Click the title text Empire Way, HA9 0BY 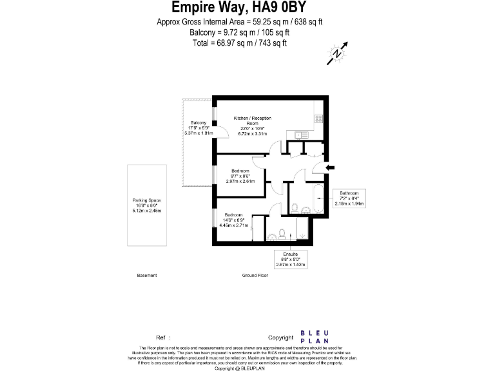coord(239,8)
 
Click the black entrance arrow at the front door coord(330,168)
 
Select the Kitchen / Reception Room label coord(252,120)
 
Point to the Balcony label coord(199,123)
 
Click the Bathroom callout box coord(349,198)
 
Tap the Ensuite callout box coord(290,259)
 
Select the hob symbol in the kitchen coord(318,117)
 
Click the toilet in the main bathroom coord(295,207)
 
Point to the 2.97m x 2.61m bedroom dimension coord(240,181)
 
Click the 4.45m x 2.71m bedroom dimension coord(233,225)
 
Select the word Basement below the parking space coord(147,275)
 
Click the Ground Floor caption coord(255,275)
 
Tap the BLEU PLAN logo coord(315,337)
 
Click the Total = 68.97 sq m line coord(238,43)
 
